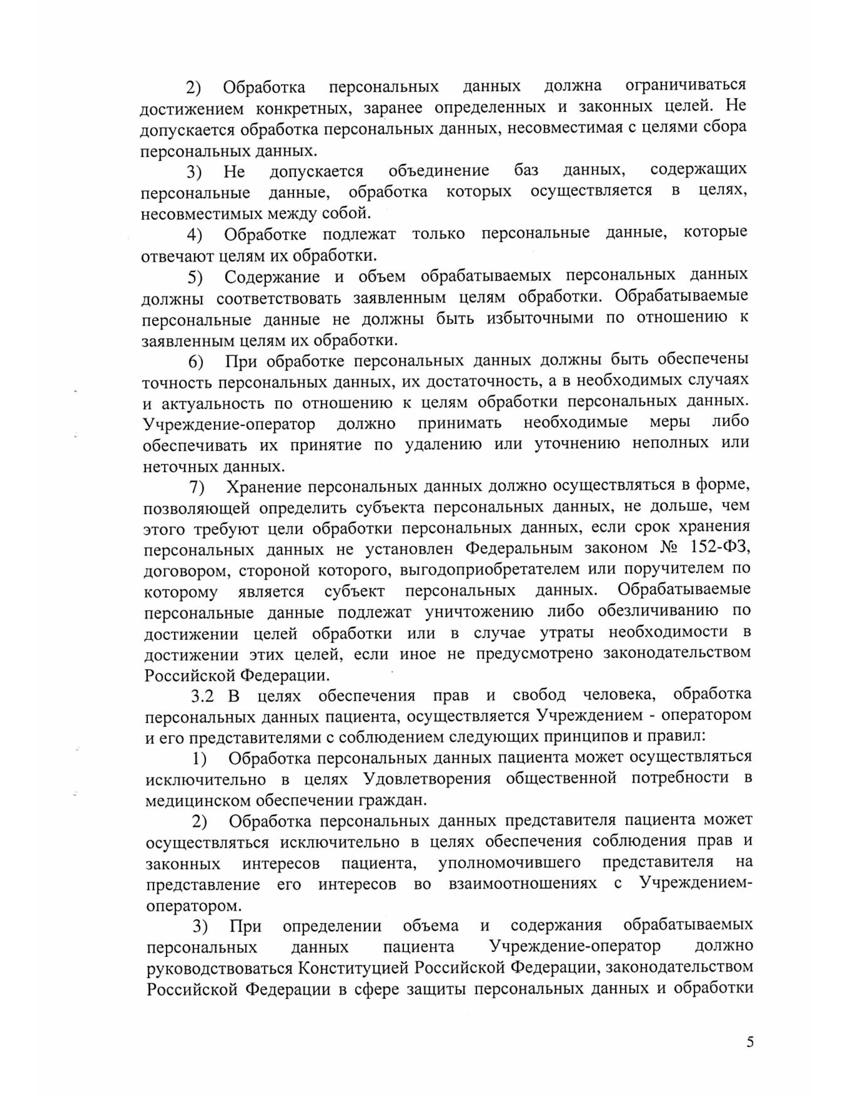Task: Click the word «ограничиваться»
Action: [x=685, y=85]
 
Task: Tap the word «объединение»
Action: [x=439, y=171]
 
